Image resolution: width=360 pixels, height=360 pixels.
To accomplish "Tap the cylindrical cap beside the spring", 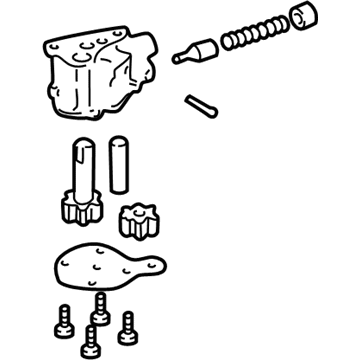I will click(x=300, y=20).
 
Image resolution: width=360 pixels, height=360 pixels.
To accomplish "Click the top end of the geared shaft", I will click(x=82, y=146).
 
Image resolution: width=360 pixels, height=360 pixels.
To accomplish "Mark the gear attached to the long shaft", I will click(x=80, y=211).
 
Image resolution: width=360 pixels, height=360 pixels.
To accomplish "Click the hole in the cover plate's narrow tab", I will click(x=154, y=266).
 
